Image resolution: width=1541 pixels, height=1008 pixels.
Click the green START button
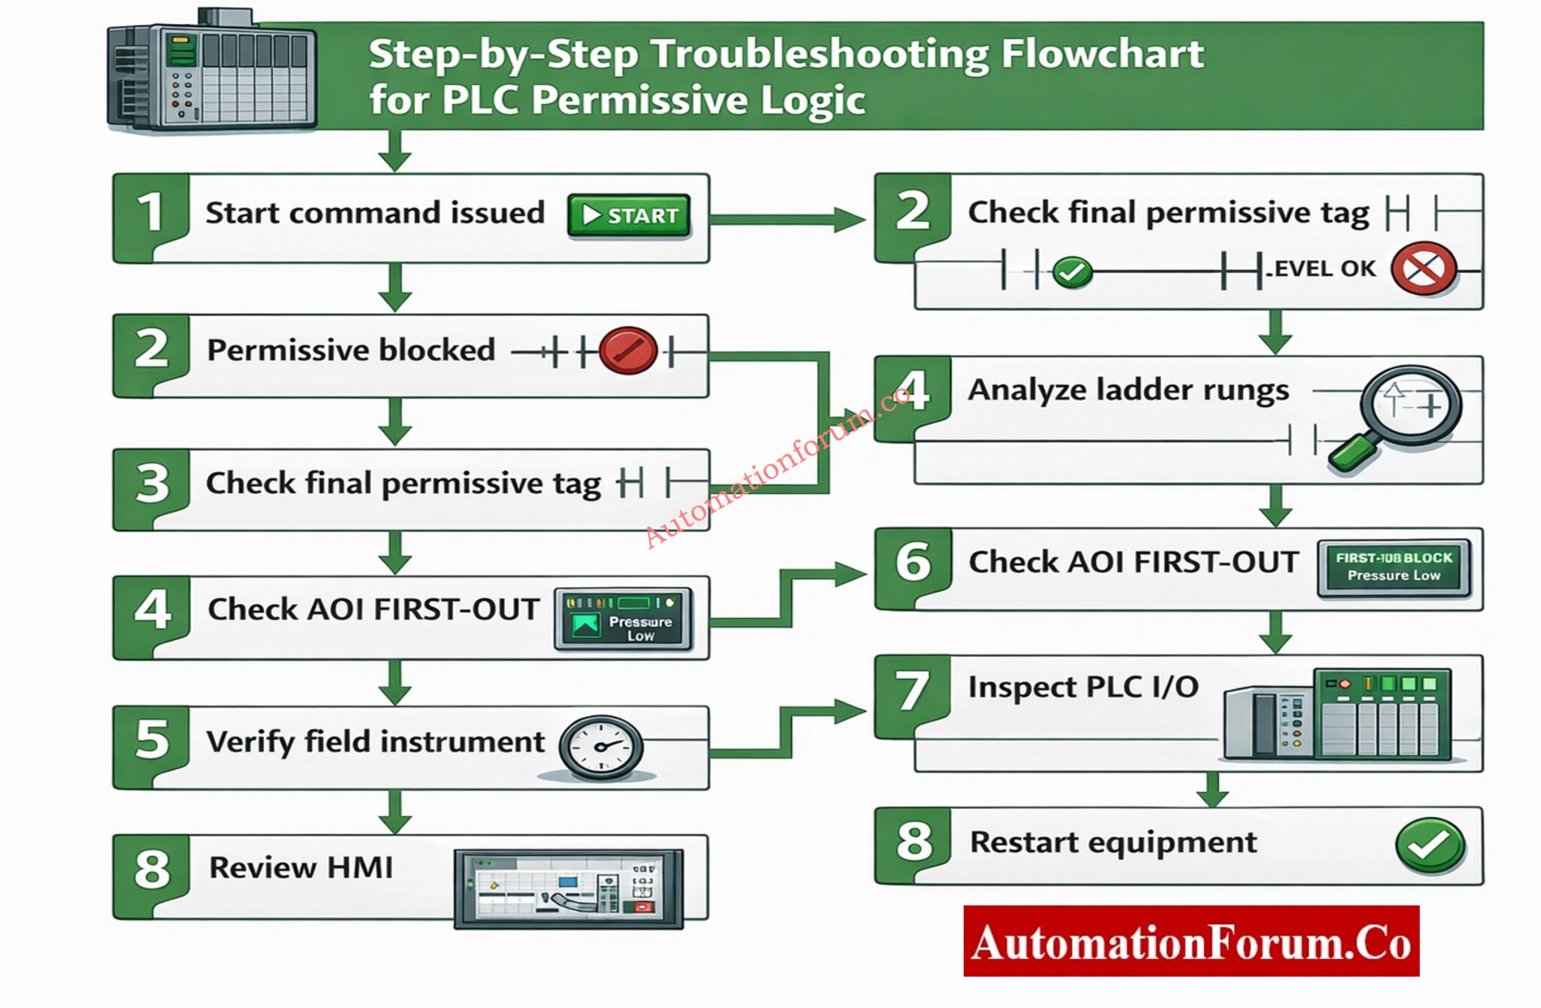click(x=628, y=216)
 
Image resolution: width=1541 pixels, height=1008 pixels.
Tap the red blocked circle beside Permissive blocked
click(x=628, y=351)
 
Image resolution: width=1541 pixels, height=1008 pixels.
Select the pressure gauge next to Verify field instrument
click(x=600, y=747)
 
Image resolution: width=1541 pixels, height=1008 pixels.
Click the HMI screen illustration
click(x=569, y=889)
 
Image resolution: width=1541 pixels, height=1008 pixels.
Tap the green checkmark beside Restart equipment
click(x=1429, y=846)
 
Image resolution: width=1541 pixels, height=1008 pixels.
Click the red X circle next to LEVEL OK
click(x=1423, y=269)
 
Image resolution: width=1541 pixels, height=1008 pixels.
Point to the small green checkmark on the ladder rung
click(x=1072, y=272)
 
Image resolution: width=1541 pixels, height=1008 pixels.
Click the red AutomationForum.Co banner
click(x=1190, y=941)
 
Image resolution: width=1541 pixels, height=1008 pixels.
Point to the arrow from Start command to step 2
click(x=786, y=219)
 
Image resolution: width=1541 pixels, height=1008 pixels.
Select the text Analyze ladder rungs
click(x=1128, y=390)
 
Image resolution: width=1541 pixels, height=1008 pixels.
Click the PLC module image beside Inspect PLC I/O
click(x=1338, y=713)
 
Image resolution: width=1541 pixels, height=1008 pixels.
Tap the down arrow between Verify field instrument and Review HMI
click(x=394, y=811)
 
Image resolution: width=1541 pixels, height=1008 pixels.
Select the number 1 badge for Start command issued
click(x=150, y=213)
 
